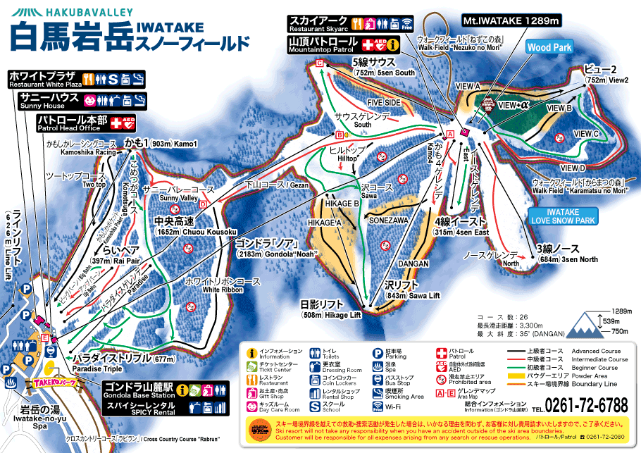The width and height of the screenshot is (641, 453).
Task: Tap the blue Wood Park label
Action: point(549,47)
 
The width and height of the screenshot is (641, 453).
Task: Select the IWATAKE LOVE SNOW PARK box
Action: point(562,216)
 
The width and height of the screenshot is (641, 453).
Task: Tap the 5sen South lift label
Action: point(384,67)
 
